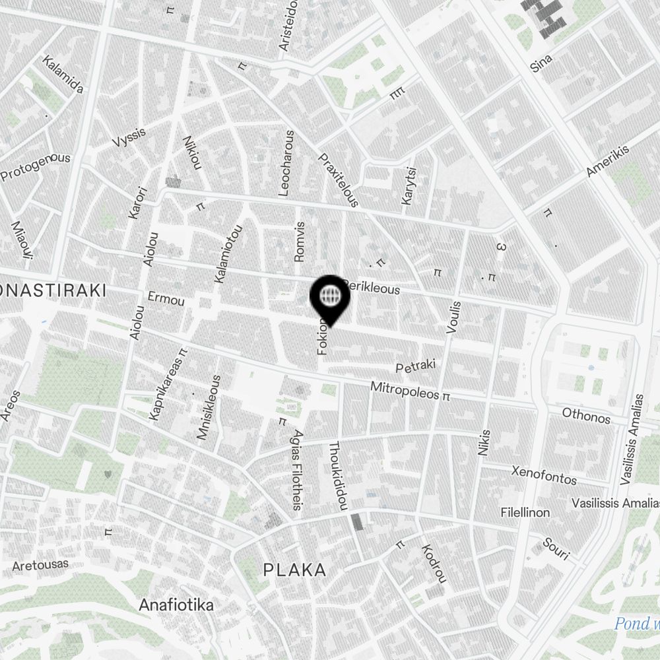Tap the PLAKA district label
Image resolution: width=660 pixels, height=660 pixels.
(294, 570)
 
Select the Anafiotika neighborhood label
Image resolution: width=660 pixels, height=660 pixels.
(176, 605)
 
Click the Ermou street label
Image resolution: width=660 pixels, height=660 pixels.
(166, 298)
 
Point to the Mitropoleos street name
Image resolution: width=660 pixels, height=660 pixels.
(405, 390)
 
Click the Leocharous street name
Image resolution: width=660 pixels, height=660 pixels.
(286, 163)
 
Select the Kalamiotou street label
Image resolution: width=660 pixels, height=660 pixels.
(228, 255)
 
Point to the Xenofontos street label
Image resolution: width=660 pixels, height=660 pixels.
(544, 475)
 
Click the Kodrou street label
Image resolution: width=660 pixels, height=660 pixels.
(433, 563)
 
